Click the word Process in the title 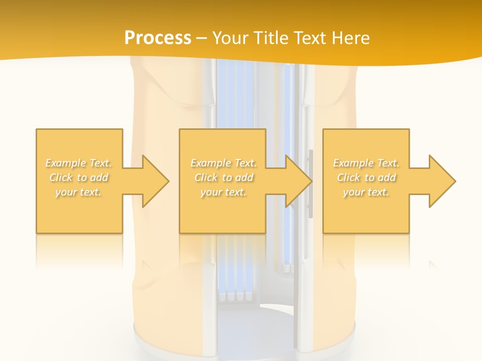coord(158,38)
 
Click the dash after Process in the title coord(201,39)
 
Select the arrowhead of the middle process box coord(298,181)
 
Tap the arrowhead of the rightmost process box coord(441,181)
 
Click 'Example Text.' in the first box coord(79,163)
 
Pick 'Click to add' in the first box coord(79,177)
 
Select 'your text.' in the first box coord(79,192)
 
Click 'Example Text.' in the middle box coord(223,163)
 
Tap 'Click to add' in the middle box coord(223,177)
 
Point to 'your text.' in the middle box coord(223,192)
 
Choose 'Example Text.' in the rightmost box coord(366,163)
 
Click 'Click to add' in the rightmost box coord(366,177)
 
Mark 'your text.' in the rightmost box coord(366,192)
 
